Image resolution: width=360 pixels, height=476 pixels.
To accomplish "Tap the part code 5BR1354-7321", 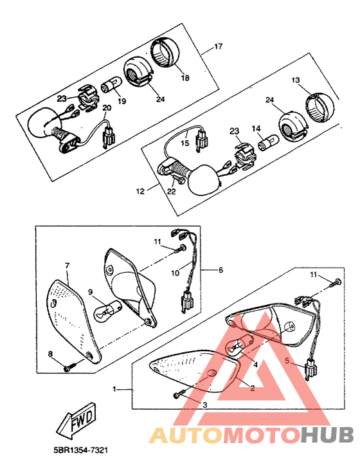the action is tap(80, 450).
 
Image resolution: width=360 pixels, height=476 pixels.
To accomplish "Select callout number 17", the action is tap(219, 46).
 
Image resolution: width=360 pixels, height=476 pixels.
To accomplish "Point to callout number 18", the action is tap(185, 78).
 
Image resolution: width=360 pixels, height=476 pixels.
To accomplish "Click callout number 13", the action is tap(296, 80).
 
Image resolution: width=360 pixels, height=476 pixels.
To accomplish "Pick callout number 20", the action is tap(107, 108).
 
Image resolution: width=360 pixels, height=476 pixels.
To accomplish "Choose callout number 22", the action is tap(172, 192).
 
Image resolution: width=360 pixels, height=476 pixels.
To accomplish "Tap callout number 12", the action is tap(140, 192).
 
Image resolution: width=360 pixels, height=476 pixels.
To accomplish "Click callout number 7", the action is tap(67, 266).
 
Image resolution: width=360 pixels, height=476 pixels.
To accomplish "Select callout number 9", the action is tap(90, 292).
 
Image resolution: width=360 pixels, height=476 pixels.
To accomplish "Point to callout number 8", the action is tap(50, 354).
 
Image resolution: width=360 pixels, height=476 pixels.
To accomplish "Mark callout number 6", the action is tap(221, 270).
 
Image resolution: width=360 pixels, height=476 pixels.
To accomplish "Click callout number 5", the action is tap(288, 360).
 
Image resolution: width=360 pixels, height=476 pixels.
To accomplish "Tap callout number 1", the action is tap(114, 389).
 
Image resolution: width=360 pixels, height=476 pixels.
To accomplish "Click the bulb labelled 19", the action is tap(113, 84).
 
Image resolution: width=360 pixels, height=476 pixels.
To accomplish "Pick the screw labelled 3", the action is tap(178, 394).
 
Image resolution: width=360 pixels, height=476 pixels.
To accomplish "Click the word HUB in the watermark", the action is tap(328, 435).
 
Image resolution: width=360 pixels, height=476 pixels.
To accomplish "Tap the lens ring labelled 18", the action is tap(165, 53).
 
